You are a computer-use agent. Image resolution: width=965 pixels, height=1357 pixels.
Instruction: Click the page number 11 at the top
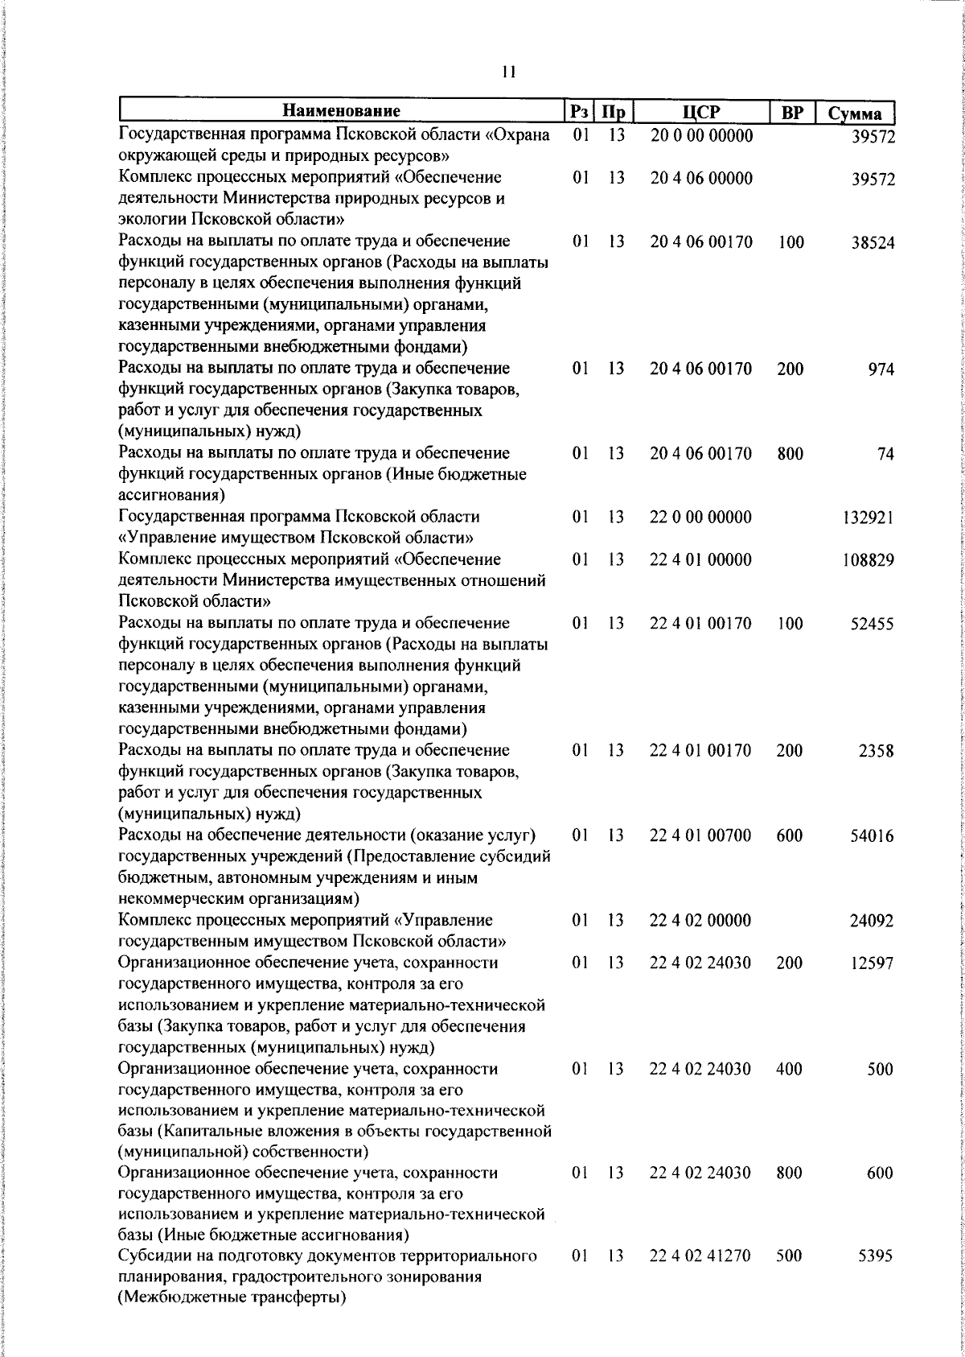[x=507, y=72]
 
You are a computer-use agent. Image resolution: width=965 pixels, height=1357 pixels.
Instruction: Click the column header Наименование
[x=341, y=111]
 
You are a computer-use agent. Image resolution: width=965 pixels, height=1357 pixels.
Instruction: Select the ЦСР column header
[x=700, y=112]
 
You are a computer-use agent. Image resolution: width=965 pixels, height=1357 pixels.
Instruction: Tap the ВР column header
[x=792, y=113]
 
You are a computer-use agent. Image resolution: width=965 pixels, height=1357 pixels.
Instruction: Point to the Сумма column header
[x=855, y=113]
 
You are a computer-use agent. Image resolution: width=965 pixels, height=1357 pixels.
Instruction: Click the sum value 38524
[x=873, y=242]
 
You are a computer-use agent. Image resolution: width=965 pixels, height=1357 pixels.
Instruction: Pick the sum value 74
[x=885, y=455]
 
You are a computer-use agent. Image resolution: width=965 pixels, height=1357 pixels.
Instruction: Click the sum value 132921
[x=868, y=518]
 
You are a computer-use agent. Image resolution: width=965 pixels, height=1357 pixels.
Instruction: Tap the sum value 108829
[x=868, y=560]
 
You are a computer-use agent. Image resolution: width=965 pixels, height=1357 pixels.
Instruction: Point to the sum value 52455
[x=873, y=624]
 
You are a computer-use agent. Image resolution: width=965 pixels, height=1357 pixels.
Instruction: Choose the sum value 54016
[x=873, y=836]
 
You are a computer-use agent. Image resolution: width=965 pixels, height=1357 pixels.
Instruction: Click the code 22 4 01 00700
[x=700, y=835]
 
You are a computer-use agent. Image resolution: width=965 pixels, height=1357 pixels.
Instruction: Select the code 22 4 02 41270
[x=700, y=1278]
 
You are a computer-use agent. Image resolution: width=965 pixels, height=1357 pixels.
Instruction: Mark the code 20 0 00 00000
[x=700, y=136]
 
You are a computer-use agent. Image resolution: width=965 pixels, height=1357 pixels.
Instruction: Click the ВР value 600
[x=790, y=835]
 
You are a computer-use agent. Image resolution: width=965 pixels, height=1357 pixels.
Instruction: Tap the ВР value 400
[x=790, y=1069]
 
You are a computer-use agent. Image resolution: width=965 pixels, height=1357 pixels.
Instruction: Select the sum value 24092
[x=873, y=921]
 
